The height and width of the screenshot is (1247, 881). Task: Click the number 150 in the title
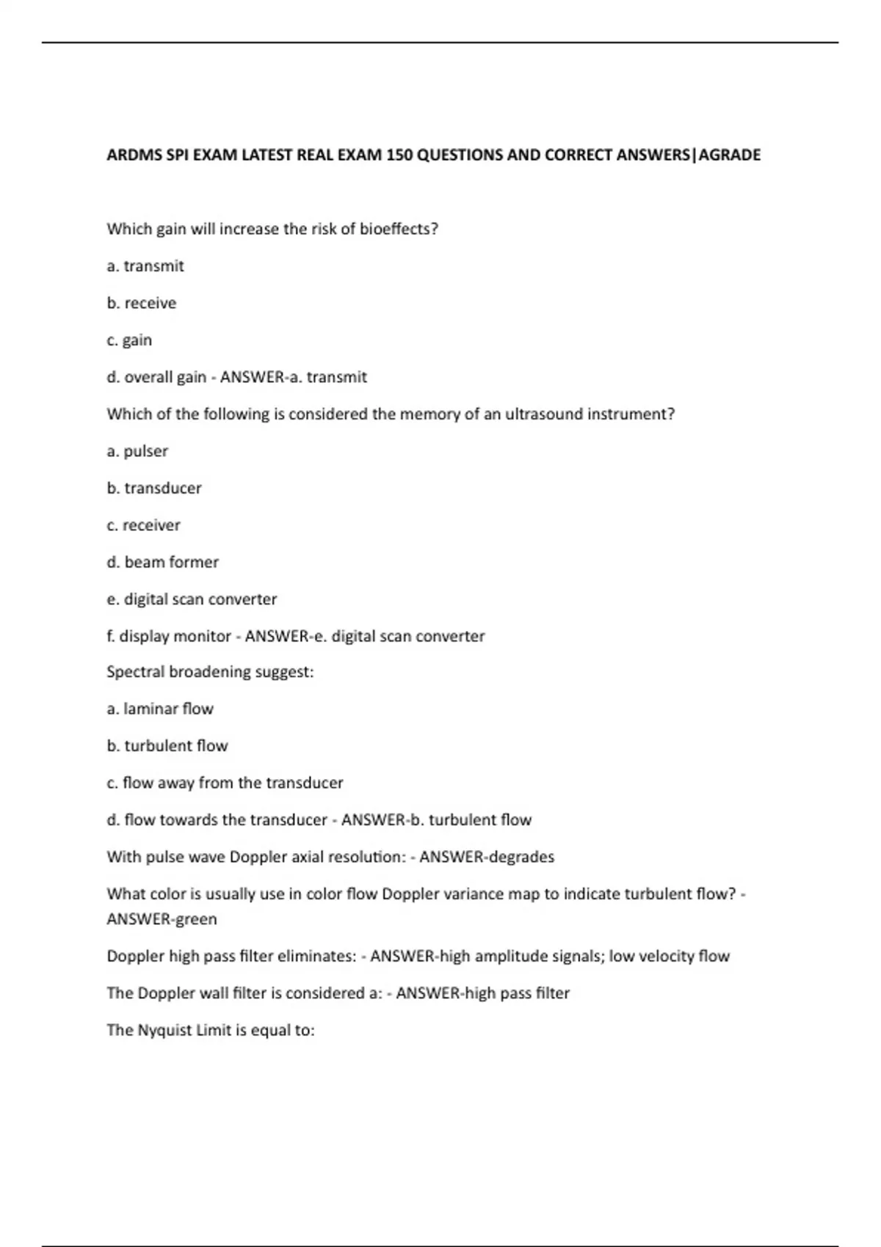[400, 155]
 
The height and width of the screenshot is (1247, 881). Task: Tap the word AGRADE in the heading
[730, 155]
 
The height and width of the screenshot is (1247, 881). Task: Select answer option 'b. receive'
[142, 303]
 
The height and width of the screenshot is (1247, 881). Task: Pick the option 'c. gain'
[129, 340]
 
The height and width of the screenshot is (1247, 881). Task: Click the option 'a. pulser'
[137, 451]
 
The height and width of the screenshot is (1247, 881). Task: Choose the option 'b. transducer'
[154, 488]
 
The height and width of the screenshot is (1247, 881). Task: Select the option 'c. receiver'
[143, 525]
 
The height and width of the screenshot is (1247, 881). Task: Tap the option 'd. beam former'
[162, 562]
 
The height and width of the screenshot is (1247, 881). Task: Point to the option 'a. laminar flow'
[160, 709]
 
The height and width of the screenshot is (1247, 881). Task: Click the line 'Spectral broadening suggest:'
[210, 672]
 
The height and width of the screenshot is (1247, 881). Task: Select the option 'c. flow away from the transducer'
[225, 783]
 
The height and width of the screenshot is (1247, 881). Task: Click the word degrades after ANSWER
[521, 857]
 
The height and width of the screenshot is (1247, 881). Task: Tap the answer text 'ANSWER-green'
[162, 919]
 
